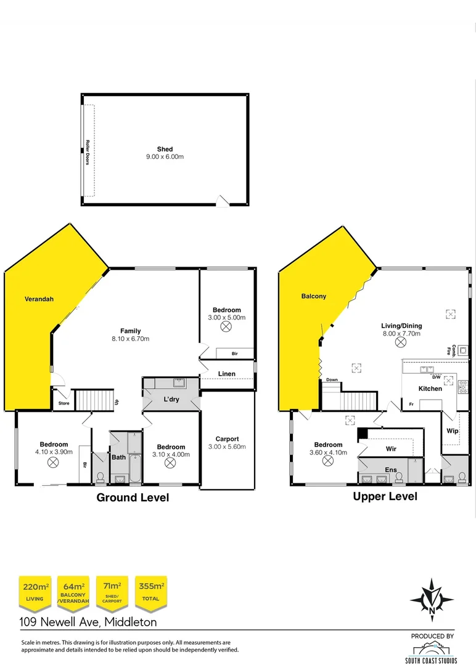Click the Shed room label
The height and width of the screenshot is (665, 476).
165,149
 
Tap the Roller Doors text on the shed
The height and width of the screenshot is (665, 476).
88,151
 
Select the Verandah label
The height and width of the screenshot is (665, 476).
39,299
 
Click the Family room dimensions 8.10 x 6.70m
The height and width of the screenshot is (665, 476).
131,339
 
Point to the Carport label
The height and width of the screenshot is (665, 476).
228,439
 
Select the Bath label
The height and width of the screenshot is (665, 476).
118,457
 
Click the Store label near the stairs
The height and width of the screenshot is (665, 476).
64,404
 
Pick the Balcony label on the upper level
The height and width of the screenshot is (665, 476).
313,296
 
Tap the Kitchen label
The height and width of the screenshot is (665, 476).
430,389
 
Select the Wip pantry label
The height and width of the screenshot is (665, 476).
452,431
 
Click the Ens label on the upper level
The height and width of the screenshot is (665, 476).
391,470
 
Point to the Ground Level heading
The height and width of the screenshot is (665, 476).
133,498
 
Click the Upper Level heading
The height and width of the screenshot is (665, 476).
385,496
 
